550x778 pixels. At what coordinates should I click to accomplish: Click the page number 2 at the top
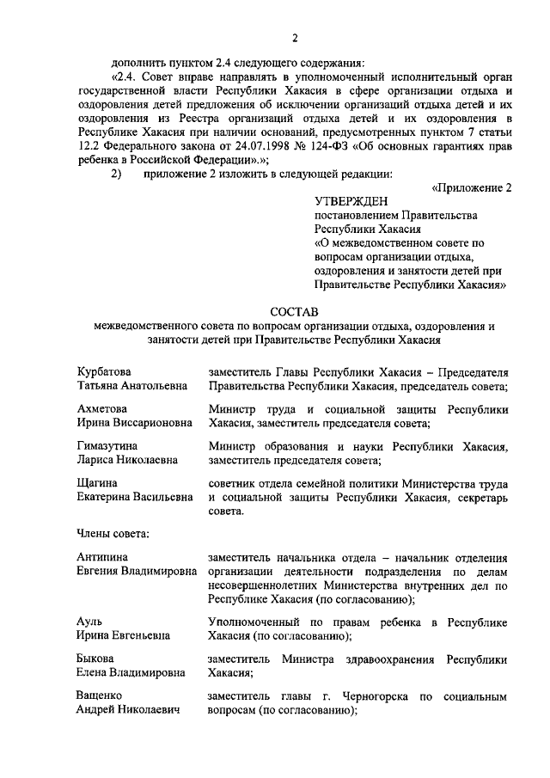(294, 37)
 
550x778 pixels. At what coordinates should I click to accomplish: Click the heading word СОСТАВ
(294, 310)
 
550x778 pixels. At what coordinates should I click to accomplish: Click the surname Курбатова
(104, 371)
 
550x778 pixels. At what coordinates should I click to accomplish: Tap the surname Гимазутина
(107, 446)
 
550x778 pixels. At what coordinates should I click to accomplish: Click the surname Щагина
(97, 484)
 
